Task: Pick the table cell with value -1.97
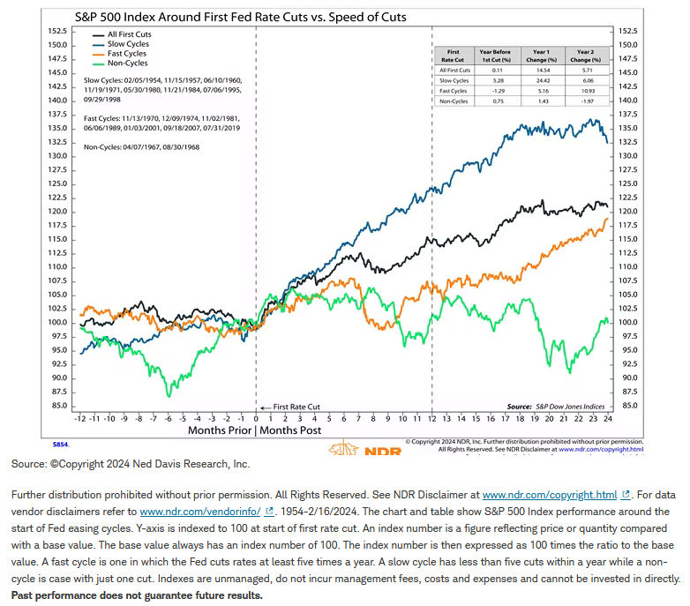583,100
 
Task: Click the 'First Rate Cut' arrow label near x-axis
293,407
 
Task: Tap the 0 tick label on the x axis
256,419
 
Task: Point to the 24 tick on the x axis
609,419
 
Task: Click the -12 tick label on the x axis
80,419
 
